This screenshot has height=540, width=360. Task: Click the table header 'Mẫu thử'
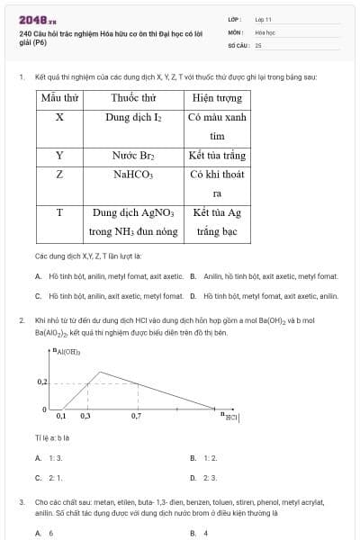(x=59, y=97)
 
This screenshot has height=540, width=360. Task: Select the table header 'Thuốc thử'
(x=134, y=97)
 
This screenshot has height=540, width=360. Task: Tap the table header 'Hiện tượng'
(x=217, y=97)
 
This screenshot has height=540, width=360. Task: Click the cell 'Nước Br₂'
(x=134, y=156)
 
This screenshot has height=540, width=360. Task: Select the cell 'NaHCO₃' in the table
(x=134, y=175)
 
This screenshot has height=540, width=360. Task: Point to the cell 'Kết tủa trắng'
(x=217, y=156)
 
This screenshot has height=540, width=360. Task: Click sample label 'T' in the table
(x=59, y=213)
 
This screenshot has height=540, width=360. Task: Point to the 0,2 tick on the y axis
(x=42, y=382)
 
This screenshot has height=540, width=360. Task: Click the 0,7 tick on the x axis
(x=136, y=417)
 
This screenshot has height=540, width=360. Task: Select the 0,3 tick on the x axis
(x=85, y=417)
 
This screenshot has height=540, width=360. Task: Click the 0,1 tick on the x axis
(x=61, y=417)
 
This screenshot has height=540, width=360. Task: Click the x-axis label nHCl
(x=230, y=417)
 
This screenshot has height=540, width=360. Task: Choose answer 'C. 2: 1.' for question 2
(x=49, y=478)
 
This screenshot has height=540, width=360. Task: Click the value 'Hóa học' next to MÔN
(x=265, y=31)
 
